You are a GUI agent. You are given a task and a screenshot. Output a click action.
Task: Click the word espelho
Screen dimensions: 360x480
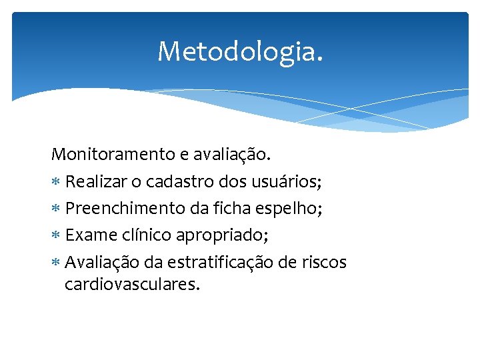tap(293, 209)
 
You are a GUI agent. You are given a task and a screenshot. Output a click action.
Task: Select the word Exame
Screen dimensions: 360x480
tap(87, 235)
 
